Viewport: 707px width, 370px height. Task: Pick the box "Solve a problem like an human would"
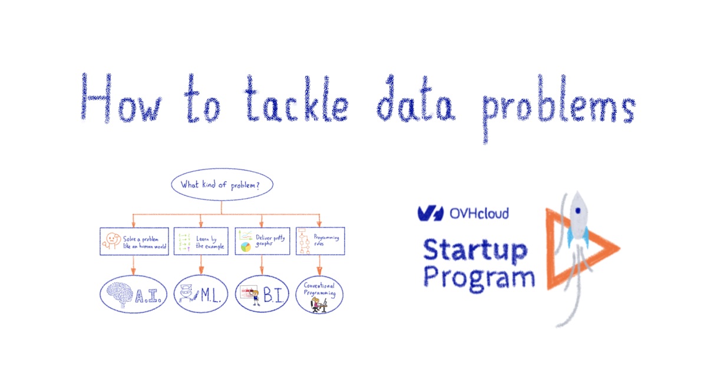pyautogui.click(x=134, y=241)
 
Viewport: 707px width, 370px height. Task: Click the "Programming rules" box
pyautogui.click(x=320, y=241)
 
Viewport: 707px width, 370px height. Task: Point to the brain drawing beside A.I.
pyautogui.click(x=121, y=292)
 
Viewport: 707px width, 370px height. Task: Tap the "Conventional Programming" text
pyautogui.click(x=320, y=288)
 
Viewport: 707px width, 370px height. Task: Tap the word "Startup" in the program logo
pyautogui.click(x=475, y=251)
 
